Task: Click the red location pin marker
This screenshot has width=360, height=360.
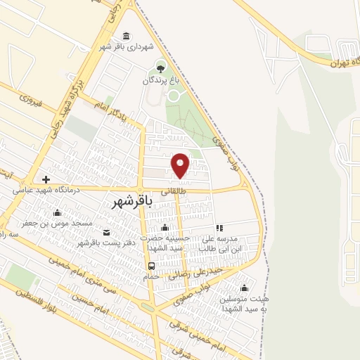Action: pyautogui.click(x=181, y=165)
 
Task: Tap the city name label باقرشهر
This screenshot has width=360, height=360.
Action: pyautogui.click(x=132, y=202)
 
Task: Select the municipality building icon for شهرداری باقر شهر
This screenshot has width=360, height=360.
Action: pyautogui.click(x=126, y=37)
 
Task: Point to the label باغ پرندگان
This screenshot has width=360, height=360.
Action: pyautogui.click(x=162, y=81)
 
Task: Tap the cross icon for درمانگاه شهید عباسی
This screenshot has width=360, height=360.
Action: pyautogui.click(x=46, y=179)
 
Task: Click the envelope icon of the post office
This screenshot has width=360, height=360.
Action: pyautogui.click(x=106, y=232)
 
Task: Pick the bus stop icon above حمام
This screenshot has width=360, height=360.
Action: pyautogui.click(x=151, y=265)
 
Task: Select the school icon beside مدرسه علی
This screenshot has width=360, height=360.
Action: pyautogui.click(x=219, y=228)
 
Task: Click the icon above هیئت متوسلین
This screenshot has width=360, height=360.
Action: pyautogui.click(x=244, y=287)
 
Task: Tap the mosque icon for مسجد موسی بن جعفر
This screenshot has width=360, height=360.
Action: pyautogui.click(x=58, y=212)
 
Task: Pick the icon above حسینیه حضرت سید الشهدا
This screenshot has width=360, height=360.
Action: pyautogui.click(x=165, y=227)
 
